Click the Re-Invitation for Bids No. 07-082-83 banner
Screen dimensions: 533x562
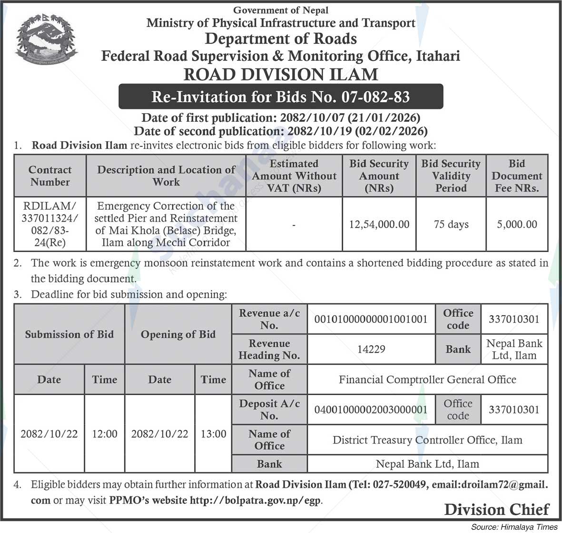tap(280, 97)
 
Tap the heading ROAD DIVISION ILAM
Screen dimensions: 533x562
tap(281, 75)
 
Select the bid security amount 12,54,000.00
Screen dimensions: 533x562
tap(379, 224)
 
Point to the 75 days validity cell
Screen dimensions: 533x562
tap(451, 224)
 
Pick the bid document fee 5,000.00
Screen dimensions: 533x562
tap(517, 224)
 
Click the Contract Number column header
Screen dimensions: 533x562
tap(50, 176)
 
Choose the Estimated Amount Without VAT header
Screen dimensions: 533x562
tap(294, 176)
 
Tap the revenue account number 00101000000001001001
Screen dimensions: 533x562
tap(371, 320)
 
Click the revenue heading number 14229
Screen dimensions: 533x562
tap(371, 349)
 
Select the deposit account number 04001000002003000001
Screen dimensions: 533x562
tap(371, 409)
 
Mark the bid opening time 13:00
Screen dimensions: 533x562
tap(213, 434)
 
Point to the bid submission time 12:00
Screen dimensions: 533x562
tap(105, 434)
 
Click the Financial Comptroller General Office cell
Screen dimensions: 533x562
tap(427, 379)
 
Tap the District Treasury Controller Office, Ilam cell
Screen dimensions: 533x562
tap(427, 440)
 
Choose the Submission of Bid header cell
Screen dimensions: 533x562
tap(69, 334)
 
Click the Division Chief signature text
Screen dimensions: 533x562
tap(496, 510)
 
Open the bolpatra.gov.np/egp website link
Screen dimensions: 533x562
tap(256, 500)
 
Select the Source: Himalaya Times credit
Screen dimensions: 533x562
tap(514, 527)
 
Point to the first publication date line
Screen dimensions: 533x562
tap(280, 118)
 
